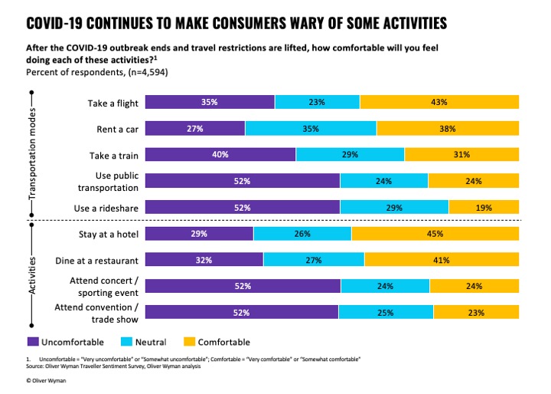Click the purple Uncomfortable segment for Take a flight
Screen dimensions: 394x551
[x=209, y=101]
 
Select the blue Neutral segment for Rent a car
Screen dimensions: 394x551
[x=310, y=128]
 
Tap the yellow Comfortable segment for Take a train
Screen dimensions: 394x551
[x=461, y=155]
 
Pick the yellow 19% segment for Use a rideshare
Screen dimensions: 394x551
[x=484, y=207]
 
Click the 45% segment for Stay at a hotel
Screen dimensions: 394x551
[x=435, y=233]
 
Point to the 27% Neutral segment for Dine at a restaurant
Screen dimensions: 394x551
[x=314, y=260]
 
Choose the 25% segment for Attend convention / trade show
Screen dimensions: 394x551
[x=385, y=312]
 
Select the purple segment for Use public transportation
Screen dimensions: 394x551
[x=242, y=181]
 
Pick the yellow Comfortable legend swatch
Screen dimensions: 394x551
[x=191, y=342]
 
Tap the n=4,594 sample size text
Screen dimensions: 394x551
[x=141, y=72]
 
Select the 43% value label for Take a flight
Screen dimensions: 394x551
[x=439, y=101]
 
